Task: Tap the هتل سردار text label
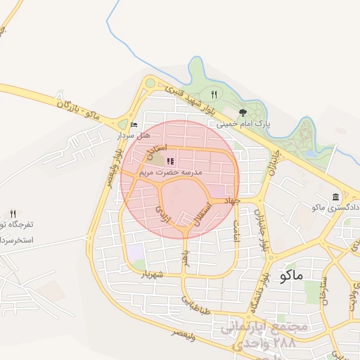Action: click(133, 134)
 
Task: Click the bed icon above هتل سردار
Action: click(134, 125)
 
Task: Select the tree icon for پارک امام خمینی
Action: click(243, 112)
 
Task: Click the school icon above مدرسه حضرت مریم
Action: click(170, 161)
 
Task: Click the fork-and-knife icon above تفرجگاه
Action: click(13, 214)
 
